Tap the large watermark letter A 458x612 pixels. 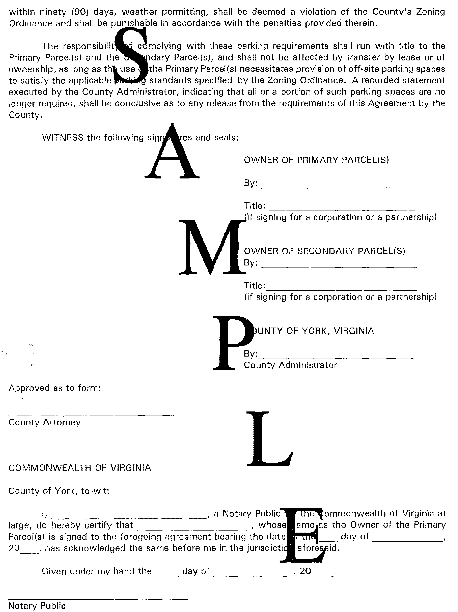(x=172, y=152)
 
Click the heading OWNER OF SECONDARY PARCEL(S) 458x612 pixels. (x=324, y=251)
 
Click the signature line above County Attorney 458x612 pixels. (x=91, y=415)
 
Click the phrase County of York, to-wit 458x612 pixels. (x=59, y=491)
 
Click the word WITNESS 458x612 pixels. (x=63, y=137)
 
